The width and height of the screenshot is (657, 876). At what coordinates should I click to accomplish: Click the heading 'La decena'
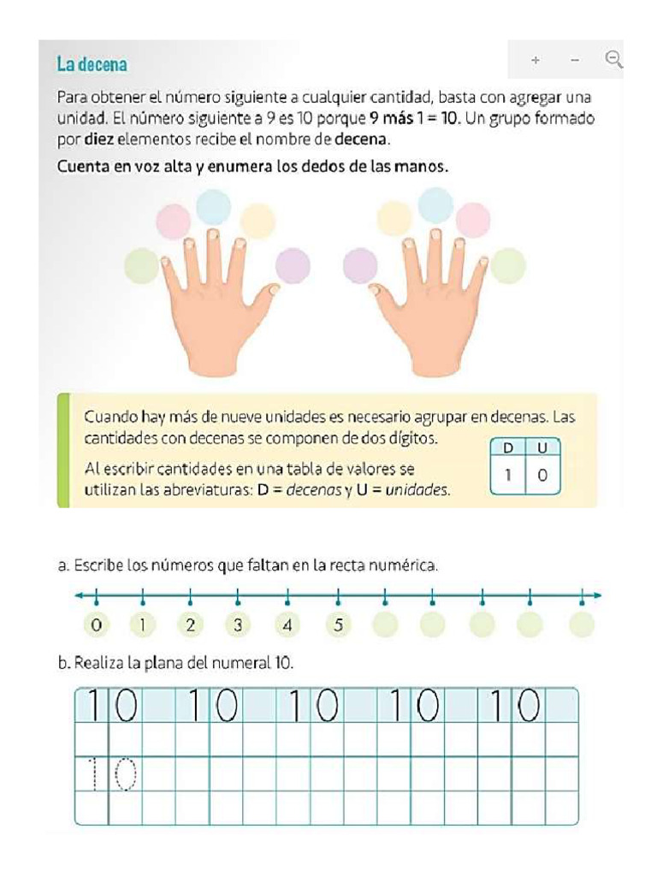[x=92, y=63]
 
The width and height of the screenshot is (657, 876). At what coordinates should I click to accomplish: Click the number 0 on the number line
[x=96, y=624]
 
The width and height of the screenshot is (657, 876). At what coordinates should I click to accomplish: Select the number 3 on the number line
[x=238, y=624]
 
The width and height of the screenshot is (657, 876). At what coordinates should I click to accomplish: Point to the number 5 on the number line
[x=338, y=624]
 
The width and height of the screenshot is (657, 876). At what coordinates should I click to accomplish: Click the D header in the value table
[x=507, y=447]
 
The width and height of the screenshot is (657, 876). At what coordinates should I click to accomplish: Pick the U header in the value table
[x=542, y=447]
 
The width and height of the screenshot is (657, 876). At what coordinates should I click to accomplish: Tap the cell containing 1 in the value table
[x=507, y=475]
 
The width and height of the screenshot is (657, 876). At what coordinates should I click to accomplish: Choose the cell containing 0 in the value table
[x=542, y=475]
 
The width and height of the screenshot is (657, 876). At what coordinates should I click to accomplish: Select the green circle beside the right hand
[x=508, y=265]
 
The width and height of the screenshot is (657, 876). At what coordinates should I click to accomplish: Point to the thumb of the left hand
[x=267, y=296]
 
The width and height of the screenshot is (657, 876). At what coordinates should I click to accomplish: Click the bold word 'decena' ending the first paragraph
[x=364, y=139]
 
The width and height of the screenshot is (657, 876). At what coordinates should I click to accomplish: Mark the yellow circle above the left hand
[x=257, y=221]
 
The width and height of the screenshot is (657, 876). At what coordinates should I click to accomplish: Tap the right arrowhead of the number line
[x=597, y=595]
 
